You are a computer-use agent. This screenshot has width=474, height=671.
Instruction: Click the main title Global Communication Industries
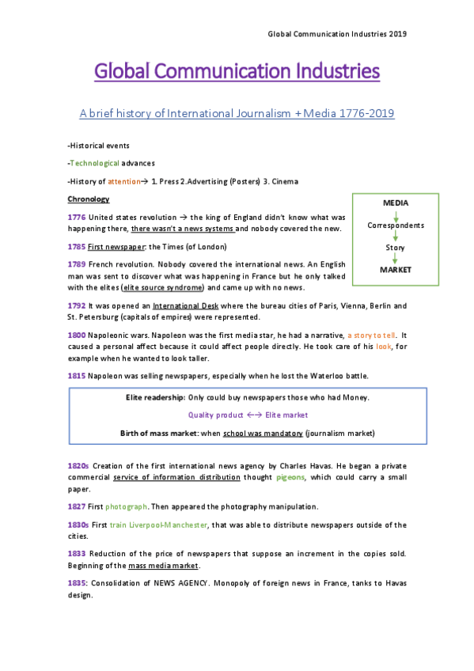(x=237, y=72)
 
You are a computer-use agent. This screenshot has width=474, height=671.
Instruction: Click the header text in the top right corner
(x=337, y=34)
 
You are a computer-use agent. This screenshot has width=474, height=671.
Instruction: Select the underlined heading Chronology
(x=89, y=199)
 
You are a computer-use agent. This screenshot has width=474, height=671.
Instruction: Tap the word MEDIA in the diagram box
(x=396, y=203)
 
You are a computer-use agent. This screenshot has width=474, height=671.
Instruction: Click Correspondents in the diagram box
(x=396, y=226)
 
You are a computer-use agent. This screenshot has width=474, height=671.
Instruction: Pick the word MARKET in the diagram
(x=396, y=270)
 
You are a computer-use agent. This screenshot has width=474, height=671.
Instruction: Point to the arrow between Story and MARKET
(x=396, y=259)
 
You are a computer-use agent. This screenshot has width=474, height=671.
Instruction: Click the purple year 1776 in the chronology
(x=77, y=217)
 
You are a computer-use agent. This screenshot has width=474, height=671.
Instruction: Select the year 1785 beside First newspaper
(x=77, y=247)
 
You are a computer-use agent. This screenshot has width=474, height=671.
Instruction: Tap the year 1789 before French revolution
(x=77, y=263)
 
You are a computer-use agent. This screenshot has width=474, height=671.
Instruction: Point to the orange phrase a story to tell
(x=366, y=335)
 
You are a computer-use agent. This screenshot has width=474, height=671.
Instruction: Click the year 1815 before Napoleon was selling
(x=77, y=375)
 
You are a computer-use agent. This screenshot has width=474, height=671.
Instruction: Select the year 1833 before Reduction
(x=77, y=553)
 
